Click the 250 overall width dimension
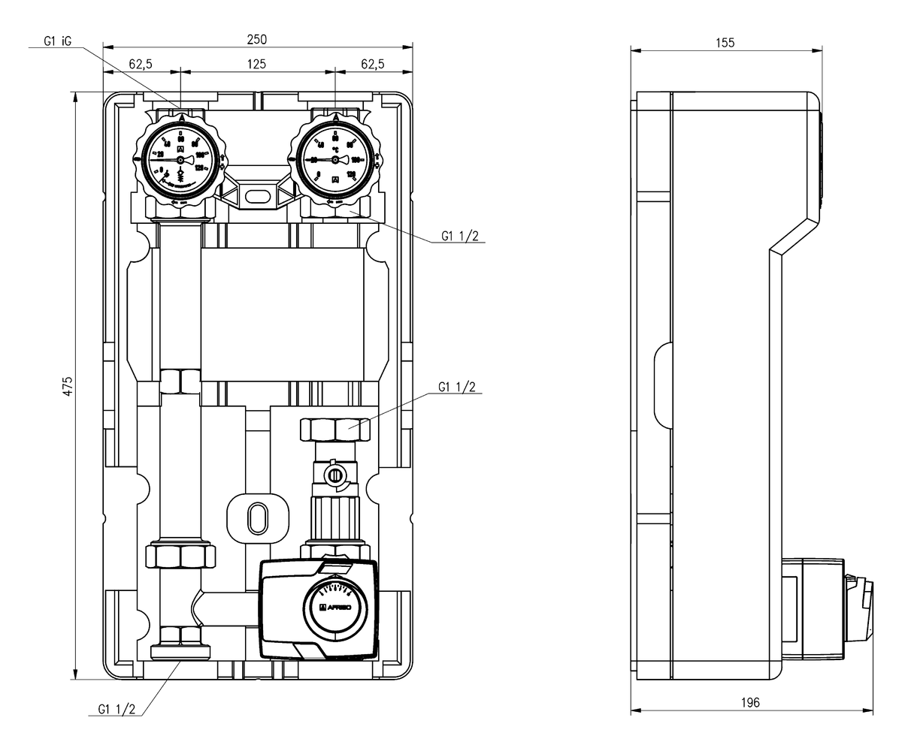[257, 39]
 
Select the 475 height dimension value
[68, 386]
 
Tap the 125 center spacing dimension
[257, 65]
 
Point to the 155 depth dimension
[725, 43]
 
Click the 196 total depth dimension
[750, 702]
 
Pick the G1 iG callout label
[57, 43]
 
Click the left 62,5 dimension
[141, 65]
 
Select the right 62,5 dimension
[373, 65]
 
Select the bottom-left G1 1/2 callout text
[117, 708]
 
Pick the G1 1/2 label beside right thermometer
[459, 237]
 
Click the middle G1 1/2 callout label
[457, 388]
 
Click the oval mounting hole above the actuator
[257, 517]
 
